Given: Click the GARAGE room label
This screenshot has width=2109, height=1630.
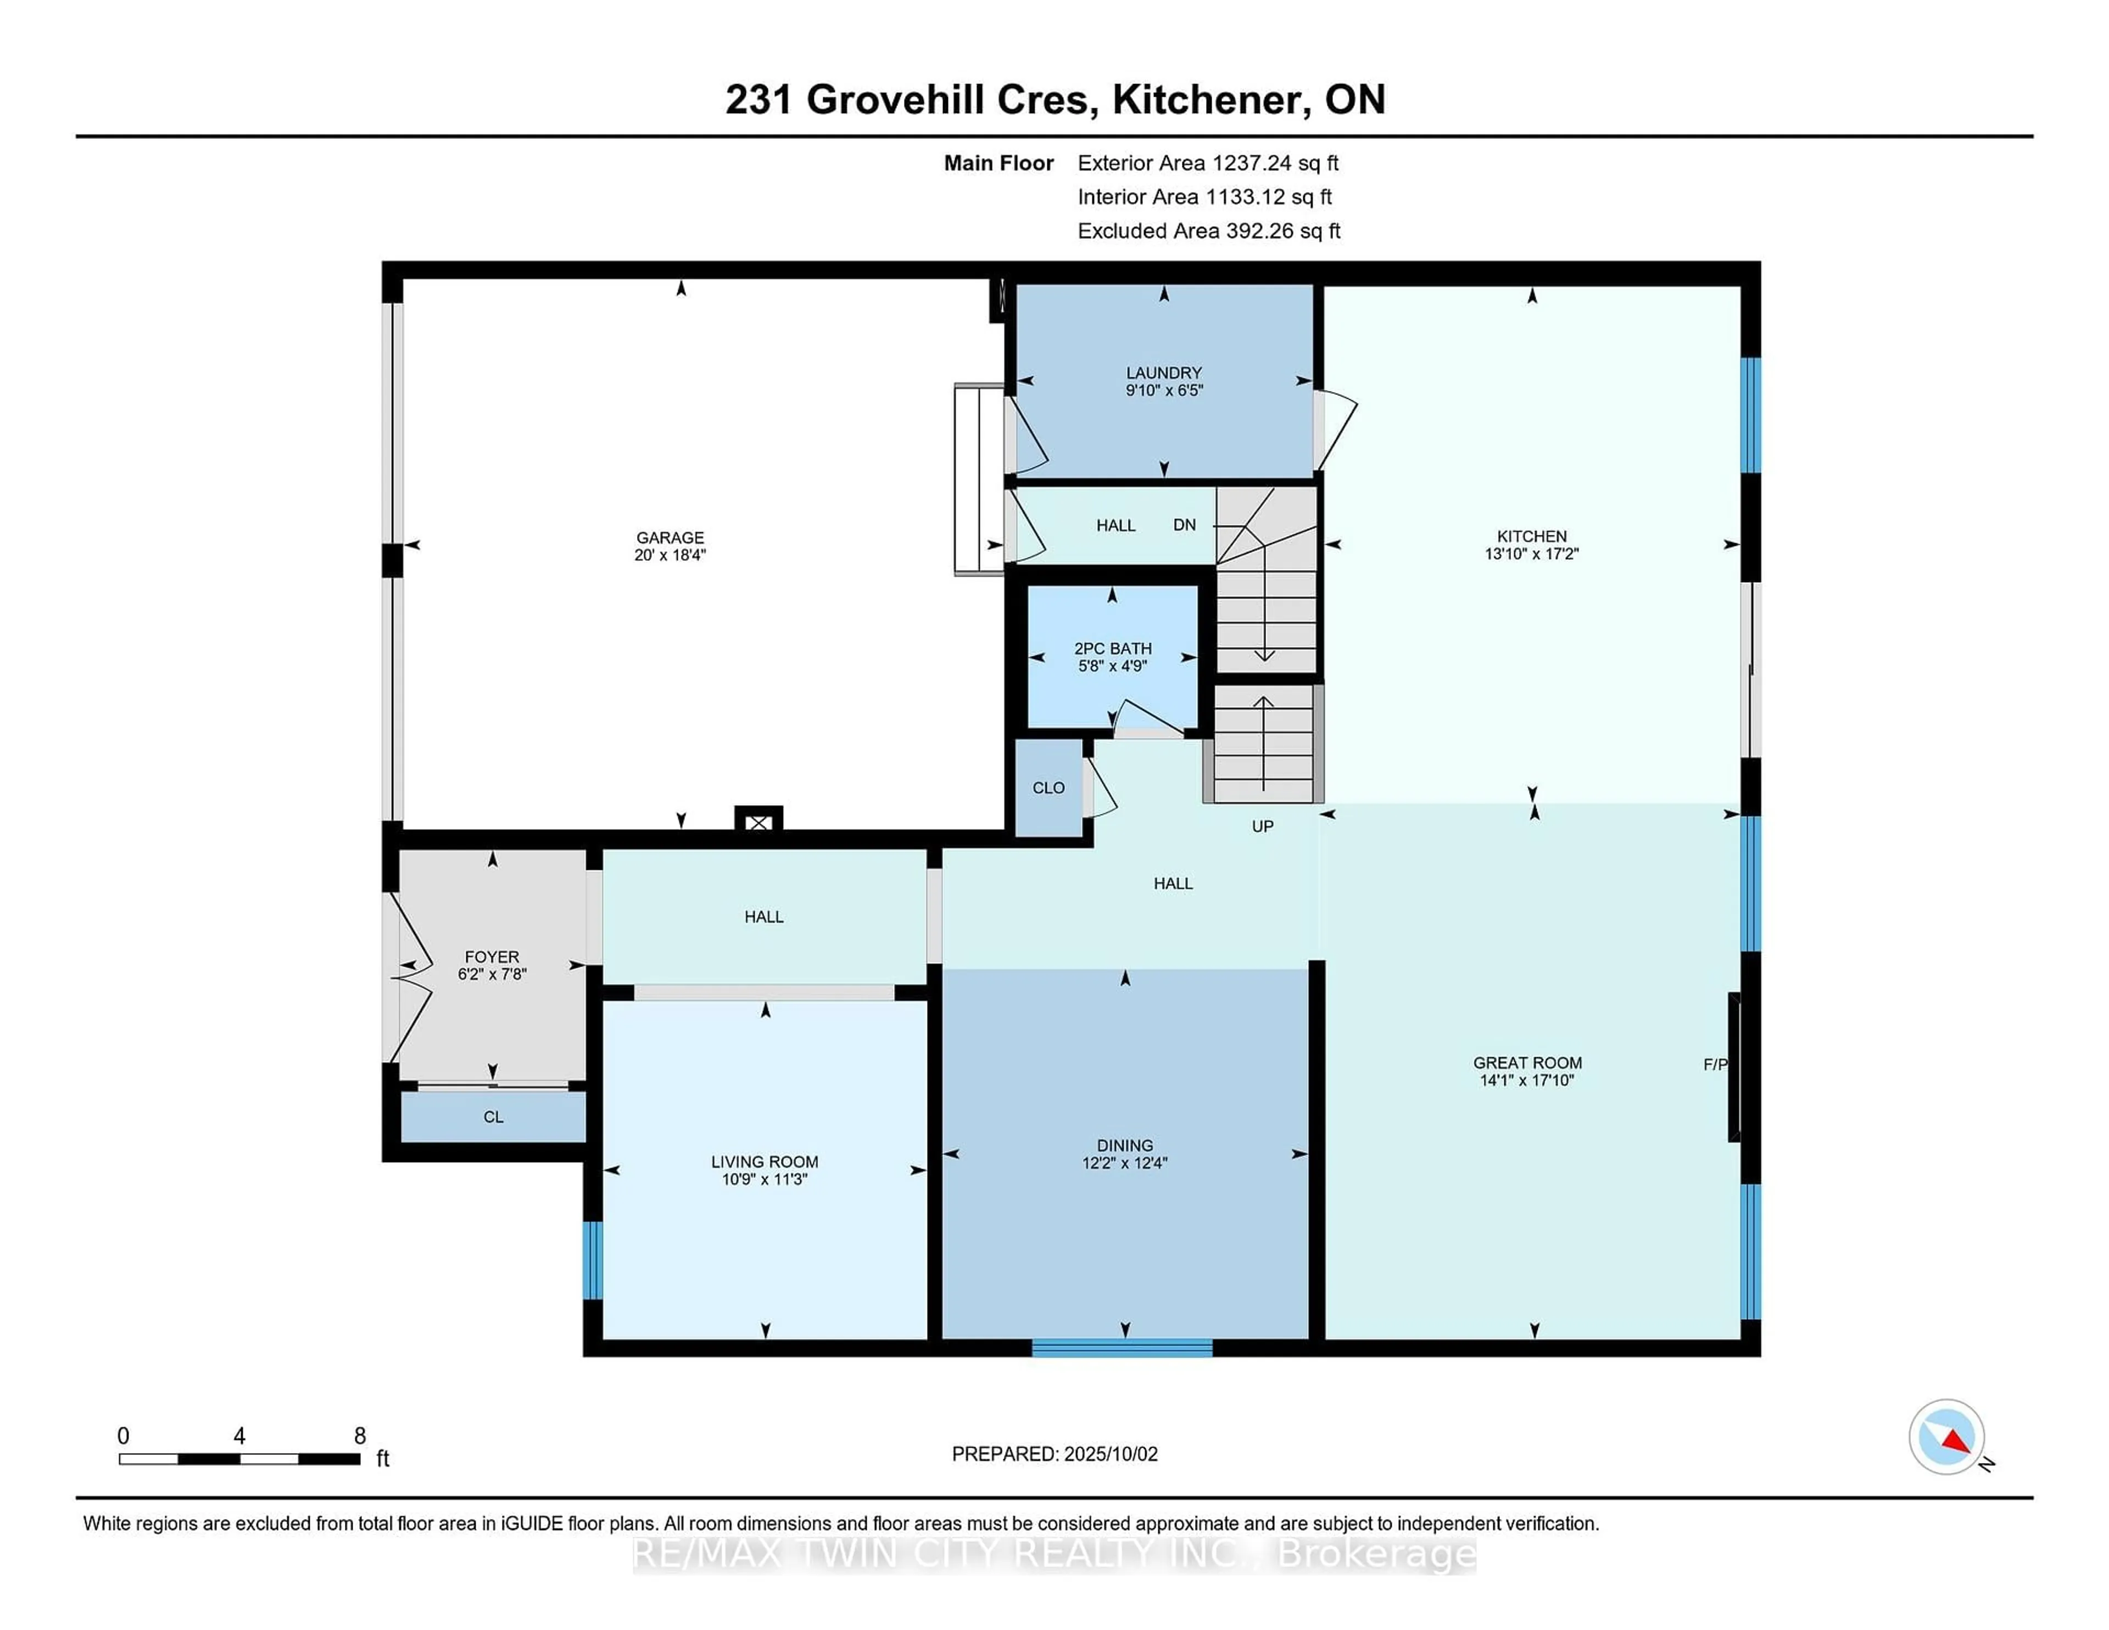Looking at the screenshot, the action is pyautogui.click(x=670, y=538).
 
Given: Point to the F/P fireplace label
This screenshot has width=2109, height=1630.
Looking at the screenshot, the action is pyautogui.click(x=1715, y=1064).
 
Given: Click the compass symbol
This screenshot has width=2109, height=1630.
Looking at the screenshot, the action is pyautogui.click(x=1947, y=1437).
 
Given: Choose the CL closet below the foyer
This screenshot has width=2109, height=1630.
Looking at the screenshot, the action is pyautogui.click(x=493, y=1117).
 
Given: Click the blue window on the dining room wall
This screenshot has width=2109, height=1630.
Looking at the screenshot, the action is pyautogui.click(x=1122, y=1348).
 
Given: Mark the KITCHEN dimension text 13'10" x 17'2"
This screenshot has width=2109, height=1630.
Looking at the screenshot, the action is pyautogui.click(x=1532, y=554).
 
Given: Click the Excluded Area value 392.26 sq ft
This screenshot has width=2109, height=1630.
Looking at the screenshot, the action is pyautogui.click(x=1284, y=231).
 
